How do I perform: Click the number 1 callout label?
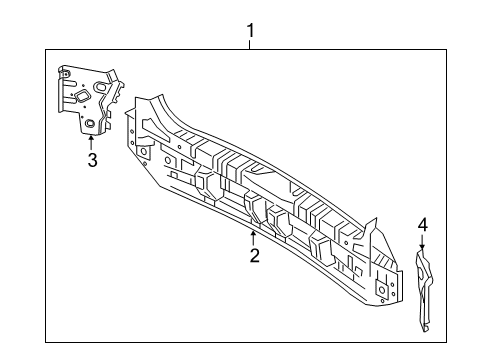(x=250, y=30)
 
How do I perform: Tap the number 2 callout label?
(x=254, y=257)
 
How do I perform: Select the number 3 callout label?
(x=91, y=160)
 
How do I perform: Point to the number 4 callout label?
(x=422, y=224)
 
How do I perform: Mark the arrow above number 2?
(x=253, y=238)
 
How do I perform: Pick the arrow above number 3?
(x=91, y=143)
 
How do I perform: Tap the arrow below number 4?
(x=422, y=243)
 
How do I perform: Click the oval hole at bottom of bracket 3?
(x=90, y=124)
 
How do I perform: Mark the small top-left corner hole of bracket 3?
(x=65, y=71)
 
